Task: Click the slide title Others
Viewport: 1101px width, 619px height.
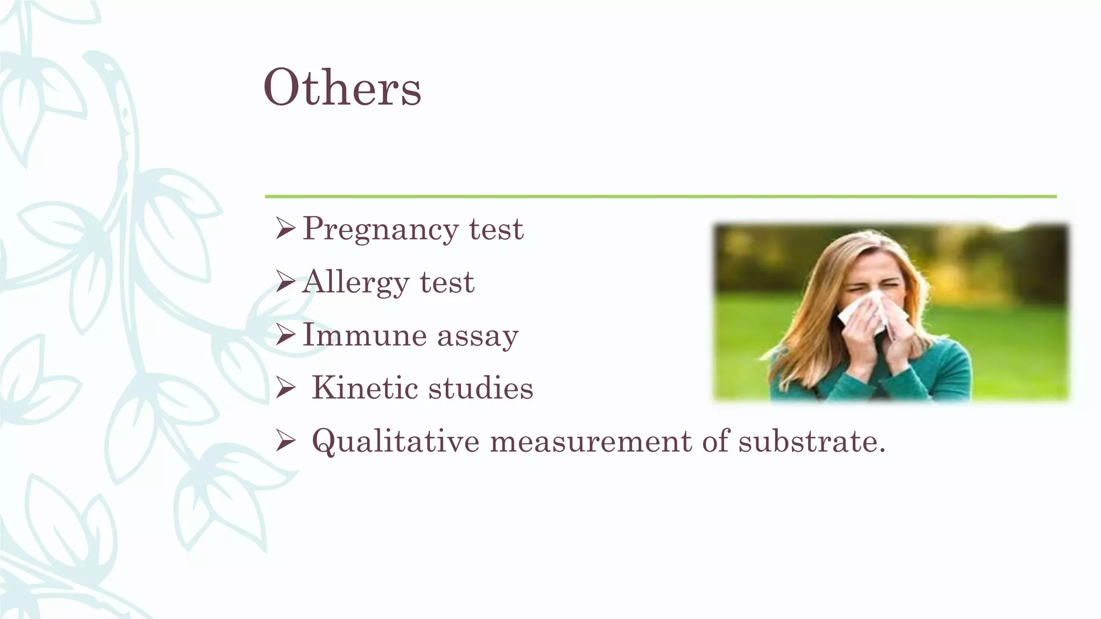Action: pyautogui.click(x=342, y=88)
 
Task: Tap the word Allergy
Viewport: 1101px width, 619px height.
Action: pyautogui.click(x=355, y=283)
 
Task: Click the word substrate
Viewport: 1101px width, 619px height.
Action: pyautogui.click(x=811, y=442)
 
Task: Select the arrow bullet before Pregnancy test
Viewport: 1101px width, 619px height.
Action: pyautogui.click(x=285, y=229)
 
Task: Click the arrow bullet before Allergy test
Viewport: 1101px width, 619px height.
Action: pyautogui.click(x=285, y=282)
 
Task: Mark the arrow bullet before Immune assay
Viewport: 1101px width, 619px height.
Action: pyautogui.click(x=285, y=335)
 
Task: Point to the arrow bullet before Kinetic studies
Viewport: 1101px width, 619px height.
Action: pyautogui.click(x=285, y=388)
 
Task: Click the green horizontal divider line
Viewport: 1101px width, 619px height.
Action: pyautogui.click(x=660, y=197)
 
